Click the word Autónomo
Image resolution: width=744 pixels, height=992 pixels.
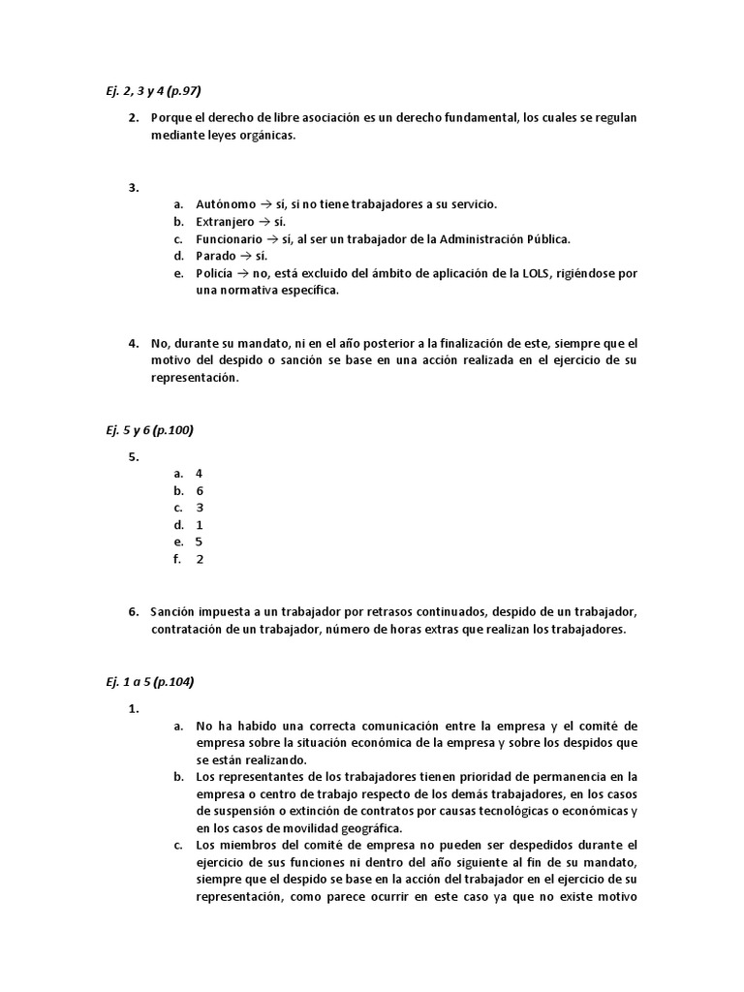click(226, 204)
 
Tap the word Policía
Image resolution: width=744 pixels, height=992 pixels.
click(214, 274)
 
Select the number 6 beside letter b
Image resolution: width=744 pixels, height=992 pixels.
click(199, 491)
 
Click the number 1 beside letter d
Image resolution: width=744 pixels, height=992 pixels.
click(199, 525)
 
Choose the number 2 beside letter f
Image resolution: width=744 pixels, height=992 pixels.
click(199, 559)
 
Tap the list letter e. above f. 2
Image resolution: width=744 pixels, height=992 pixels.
click(178, 542)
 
